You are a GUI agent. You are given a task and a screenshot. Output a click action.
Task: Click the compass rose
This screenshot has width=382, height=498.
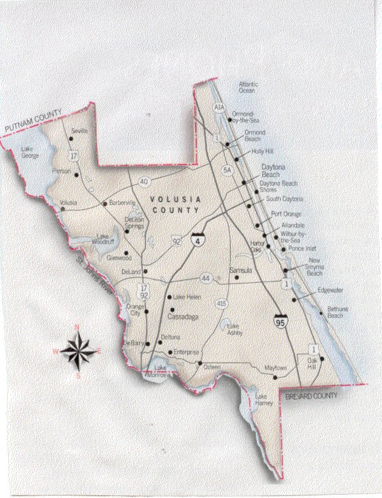(79, 350)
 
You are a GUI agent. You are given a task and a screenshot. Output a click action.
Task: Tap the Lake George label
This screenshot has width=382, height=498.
(30, 152)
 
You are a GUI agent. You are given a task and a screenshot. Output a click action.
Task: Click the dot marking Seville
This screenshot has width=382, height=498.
(71, 138)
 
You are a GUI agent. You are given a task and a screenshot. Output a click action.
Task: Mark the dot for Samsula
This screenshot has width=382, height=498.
(236, 278)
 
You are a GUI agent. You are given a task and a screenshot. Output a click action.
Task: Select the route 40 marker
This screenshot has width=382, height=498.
(144, 181)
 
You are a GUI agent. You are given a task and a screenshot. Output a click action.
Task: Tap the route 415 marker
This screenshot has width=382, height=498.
(222, 304)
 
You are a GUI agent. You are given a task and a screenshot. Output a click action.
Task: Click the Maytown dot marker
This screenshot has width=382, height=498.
(275, 376)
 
